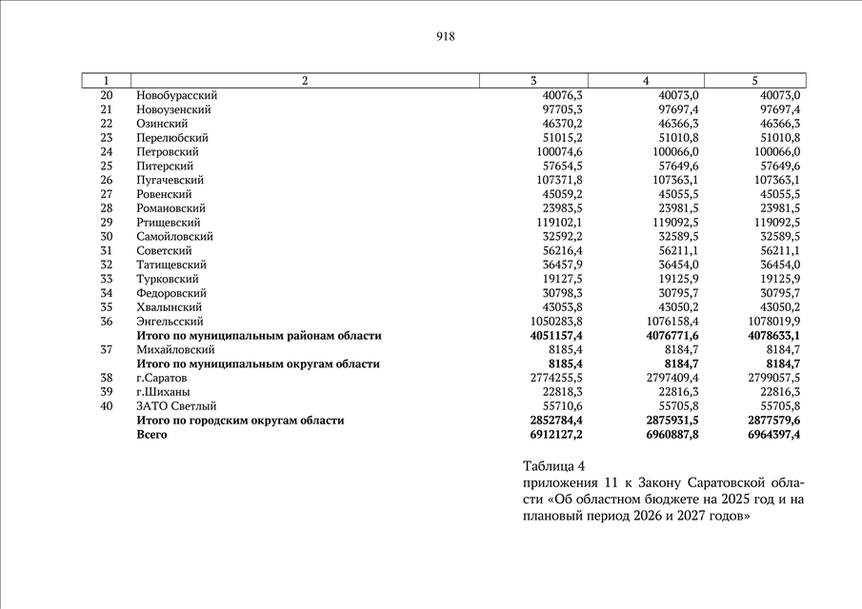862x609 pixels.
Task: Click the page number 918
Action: coord(446,37)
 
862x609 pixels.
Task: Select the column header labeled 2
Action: coord(305,81)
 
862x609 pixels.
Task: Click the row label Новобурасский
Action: coord(177,95)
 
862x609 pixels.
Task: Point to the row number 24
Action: coord(106,152)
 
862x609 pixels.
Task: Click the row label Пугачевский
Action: coord(170,180)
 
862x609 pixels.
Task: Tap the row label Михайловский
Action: coord(176,350)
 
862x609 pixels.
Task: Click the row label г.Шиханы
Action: coord(162,392)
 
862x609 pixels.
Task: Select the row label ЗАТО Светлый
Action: coord(176,406)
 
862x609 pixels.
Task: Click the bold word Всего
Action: coord(152,435)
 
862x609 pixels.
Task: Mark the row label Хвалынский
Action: coord(170,307)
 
